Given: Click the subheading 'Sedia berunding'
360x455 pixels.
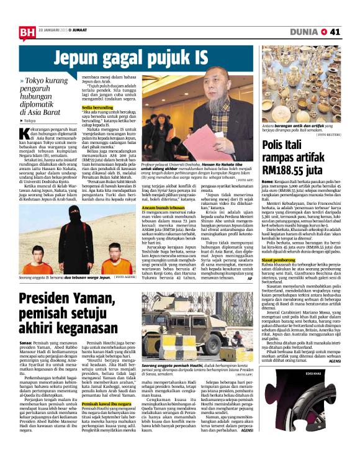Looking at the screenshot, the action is [97, 108].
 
